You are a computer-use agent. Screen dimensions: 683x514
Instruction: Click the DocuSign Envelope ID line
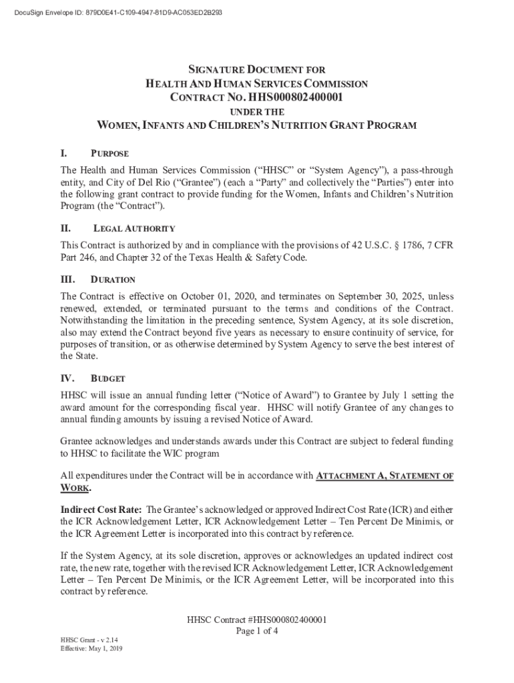[113, 13]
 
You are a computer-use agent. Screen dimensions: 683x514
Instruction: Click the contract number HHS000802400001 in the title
[293, 97]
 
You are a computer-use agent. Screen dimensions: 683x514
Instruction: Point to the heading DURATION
[113, 279]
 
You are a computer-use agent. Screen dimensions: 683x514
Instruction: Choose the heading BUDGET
[107, 379]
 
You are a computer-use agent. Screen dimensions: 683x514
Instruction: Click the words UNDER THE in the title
[257, 112]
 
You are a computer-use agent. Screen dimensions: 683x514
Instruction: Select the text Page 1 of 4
[257, 631]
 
